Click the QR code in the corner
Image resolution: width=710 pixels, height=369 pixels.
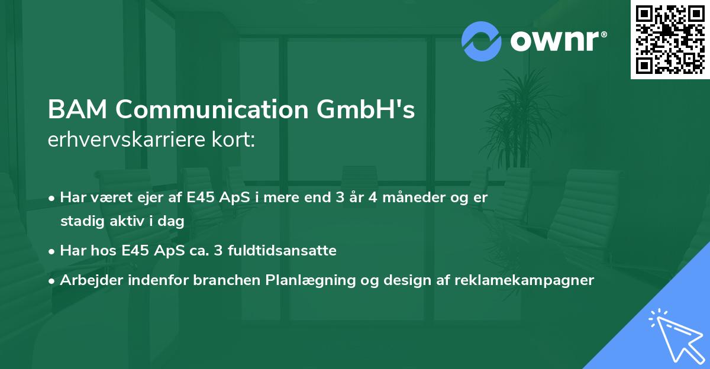click(670, 40)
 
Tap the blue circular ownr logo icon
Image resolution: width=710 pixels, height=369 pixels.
click(482, 41)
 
